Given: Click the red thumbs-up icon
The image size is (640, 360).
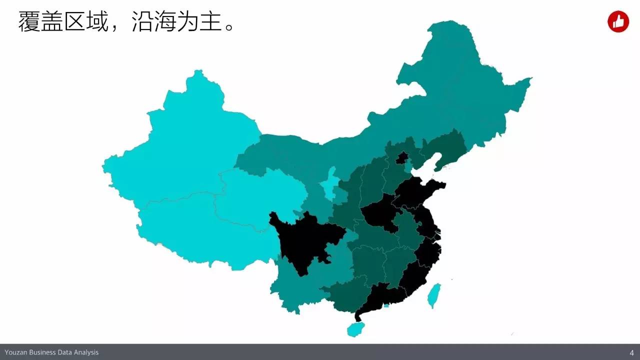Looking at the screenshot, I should pos(618,22).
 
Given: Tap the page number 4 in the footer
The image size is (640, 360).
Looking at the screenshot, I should pos(632,352).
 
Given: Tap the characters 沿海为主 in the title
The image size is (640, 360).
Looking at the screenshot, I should pos(177,22).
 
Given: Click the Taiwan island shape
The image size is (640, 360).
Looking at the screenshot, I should pos(434,295).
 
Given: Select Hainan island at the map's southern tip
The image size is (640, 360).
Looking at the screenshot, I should pos(355,329).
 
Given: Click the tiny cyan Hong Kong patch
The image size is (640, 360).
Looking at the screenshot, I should pos(386,305).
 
